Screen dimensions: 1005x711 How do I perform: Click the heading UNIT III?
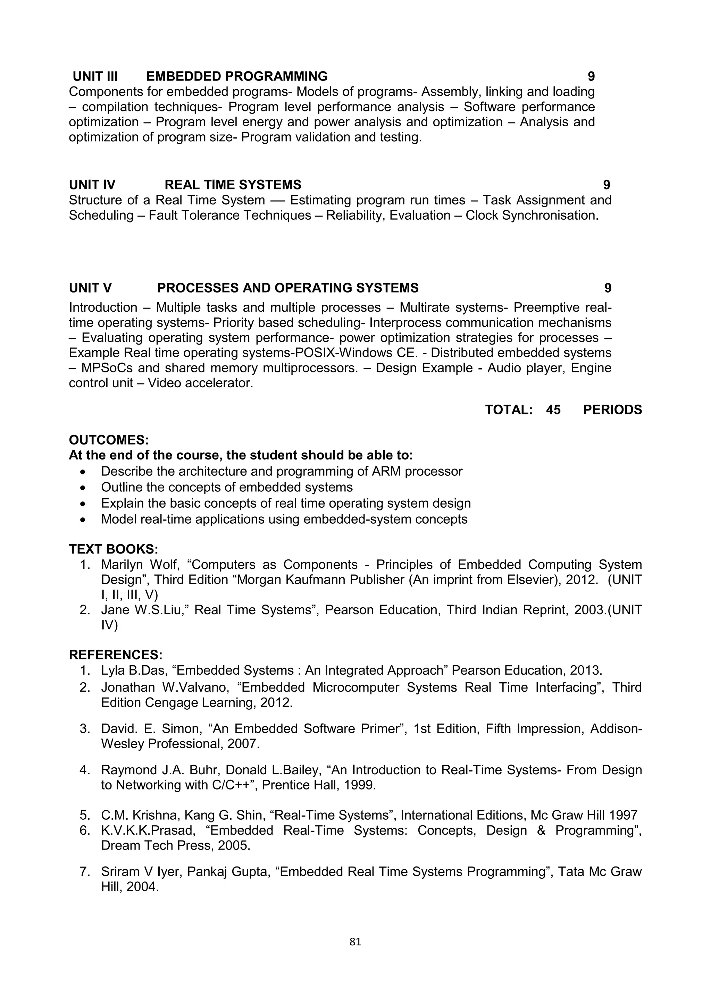[x=95, y=77]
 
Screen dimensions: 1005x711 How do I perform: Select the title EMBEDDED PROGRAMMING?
[x=237, y=77]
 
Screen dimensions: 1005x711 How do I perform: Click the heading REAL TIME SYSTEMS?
[x=233, y=185]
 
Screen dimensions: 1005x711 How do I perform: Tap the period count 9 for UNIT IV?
[x=607, y=185]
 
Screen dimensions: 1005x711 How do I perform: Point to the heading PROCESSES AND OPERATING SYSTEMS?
[x=288, y=288]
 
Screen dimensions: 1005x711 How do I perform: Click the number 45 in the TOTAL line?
[x=553, y=410]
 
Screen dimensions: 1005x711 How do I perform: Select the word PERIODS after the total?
[x=612, y=410]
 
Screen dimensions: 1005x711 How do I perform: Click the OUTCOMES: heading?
[x=109, y=440]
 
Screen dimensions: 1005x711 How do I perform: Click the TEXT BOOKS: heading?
[x=114, y=549]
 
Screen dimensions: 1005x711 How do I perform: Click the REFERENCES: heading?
[x=116, y=655]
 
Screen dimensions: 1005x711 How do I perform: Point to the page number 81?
[x=355, y=942]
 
